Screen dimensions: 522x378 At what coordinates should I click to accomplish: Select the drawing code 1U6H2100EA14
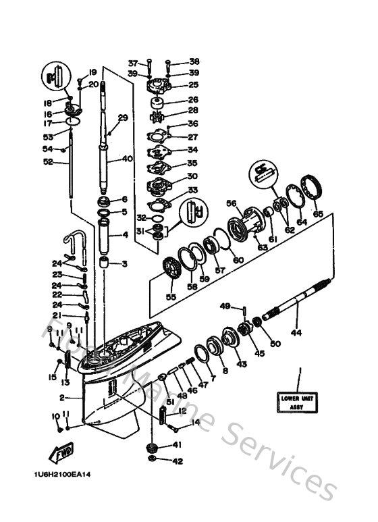point(61,473)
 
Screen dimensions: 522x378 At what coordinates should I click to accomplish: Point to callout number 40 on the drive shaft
point(128,160)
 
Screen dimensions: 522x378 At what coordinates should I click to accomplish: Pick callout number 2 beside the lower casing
point(61,398)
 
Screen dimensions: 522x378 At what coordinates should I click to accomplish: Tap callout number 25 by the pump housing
point(193,85)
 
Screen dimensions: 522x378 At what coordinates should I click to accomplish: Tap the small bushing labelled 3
point(105,262)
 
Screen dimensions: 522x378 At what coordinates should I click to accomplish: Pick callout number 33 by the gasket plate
point(193,190)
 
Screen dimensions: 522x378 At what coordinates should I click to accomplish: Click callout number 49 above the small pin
point(225,305)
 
